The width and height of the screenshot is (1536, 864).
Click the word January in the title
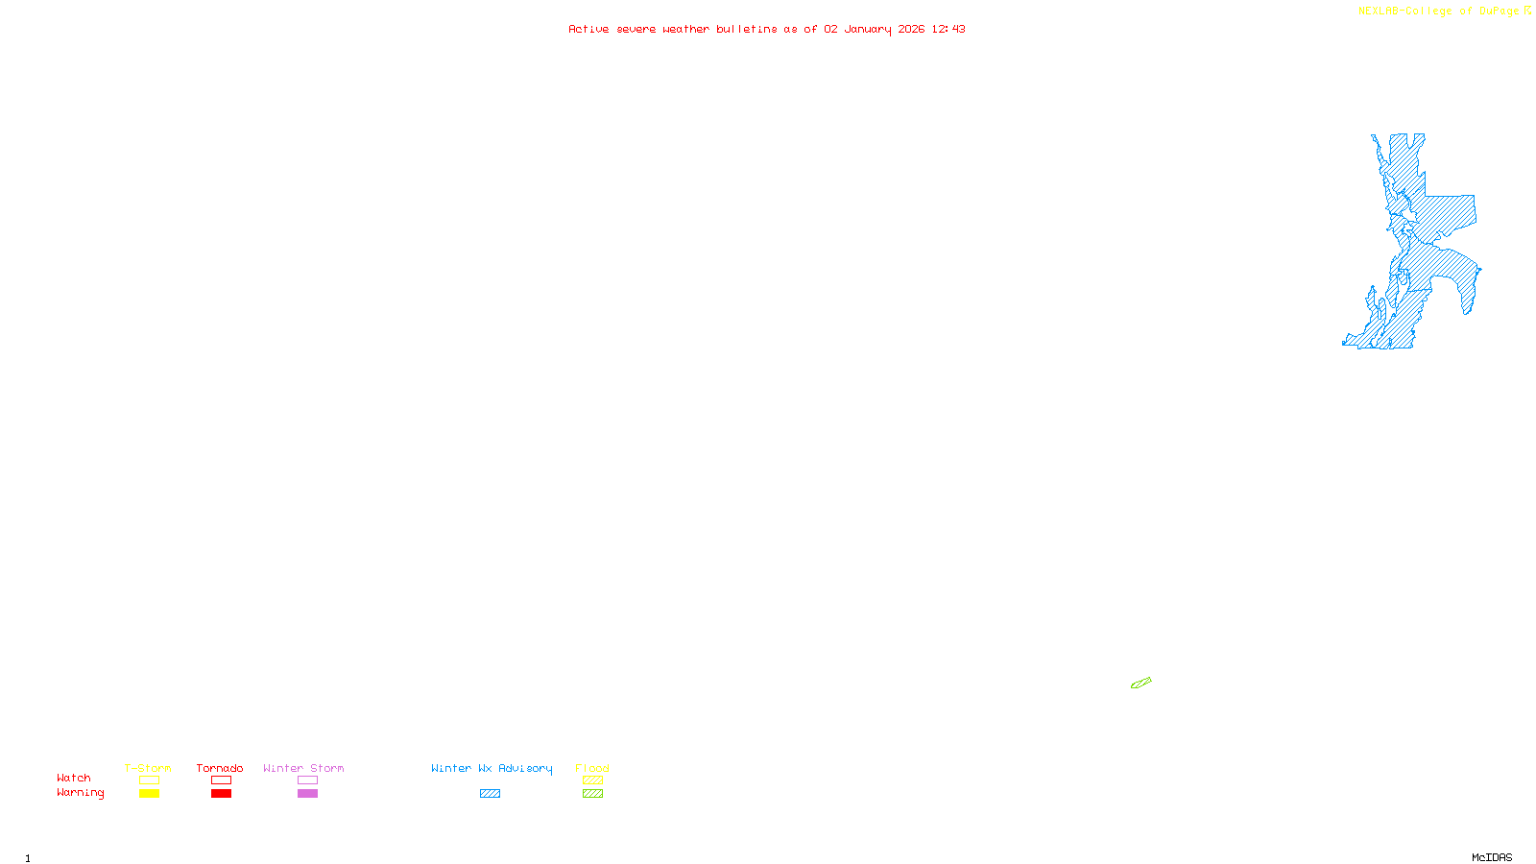(868, 29)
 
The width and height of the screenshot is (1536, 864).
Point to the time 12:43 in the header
(948, 29)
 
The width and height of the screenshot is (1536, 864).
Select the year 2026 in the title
(911, 29)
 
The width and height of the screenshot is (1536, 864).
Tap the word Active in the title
(588, 29)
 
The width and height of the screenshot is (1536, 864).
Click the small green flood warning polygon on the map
(1140, 684)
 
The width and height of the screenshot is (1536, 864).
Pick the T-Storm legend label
(148, 768)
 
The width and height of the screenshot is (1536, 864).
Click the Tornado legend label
(220, 768)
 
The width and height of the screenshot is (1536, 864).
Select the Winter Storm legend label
(303, 768)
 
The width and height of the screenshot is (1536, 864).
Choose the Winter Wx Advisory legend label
(492, 768)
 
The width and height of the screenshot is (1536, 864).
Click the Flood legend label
(592, 768)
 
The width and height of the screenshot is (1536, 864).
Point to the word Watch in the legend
(74, 778)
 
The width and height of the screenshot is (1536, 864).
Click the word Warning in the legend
(80, 793)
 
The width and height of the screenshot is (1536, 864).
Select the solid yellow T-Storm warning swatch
(149, 794)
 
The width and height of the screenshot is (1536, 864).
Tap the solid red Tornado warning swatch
(221, 794)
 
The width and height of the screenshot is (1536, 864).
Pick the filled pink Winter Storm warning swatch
(307, 794)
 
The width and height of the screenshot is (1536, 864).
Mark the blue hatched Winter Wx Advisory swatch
(490, 794)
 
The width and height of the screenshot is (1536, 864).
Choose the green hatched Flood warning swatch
(592, 794)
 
